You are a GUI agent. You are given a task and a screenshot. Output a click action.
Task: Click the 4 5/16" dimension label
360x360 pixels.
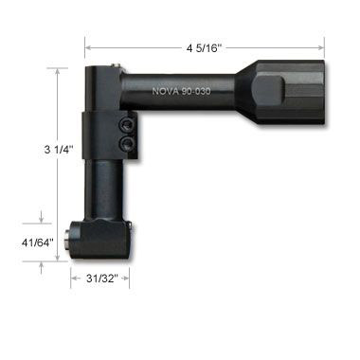204,48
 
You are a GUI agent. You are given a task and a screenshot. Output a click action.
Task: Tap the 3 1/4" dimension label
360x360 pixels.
59,149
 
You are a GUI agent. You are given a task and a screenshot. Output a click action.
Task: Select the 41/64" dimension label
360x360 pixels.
38,243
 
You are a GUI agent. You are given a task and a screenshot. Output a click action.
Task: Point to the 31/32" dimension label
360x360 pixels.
102,279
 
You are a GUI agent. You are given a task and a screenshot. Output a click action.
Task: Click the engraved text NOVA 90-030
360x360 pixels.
181,91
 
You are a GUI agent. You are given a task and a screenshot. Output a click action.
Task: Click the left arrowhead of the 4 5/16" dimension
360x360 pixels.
88,48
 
